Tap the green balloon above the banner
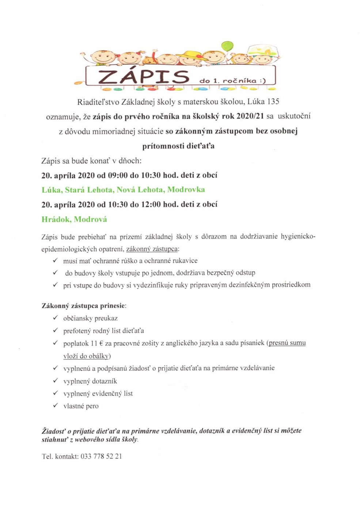pos(227,46)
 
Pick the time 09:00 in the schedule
pos(118,175)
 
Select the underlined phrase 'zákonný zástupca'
pos(152,249)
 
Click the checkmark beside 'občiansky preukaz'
pos(56,318)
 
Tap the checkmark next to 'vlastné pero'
pos(56,405)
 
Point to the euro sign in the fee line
pos(101,343)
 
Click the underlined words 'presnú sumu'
pos(287,343)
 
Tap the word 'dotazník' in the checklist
pos(104,381)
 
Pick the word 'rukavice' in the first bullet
pos(185,261)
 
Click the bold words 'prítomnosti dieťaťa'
pos(178,146)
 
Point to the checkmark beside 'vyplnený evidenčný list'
pos(56,393)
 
